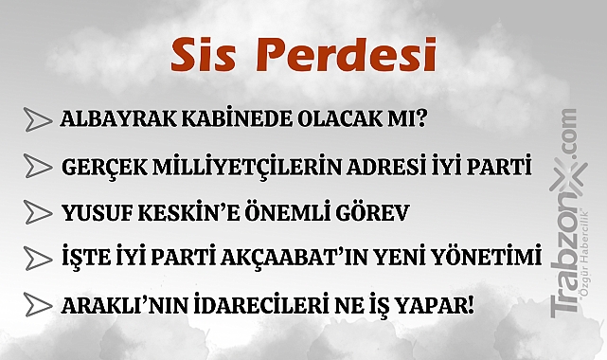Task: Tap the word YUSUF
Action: point(90,212)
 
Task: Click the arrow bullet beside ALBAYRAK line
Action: point(37,120)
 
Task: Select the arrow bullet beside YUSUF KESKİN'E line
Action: point(37,212)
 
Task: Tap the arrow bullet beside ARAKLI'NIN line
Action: point(37,304)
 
